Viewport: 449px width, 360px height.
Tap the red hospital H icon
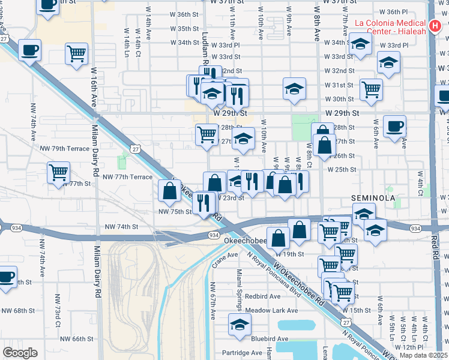[x=439, y=28]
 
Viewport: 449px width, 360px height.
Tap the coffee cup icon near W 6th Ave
[x=394, y=127]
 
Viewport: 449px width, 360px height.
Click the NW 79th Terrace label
[x=64, y=148]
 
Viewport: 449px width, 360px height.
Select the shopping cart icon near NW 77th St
[x=59, y=172]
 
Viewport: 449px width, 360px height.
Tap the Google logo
[x=20, y=353]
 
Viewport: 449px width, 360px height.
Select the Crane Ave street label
[x=217, y=259]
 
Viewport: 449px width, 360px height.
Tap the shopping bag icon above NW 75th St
[x=170, y=191]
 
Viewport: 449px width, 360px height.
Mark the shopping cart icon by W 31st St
[x=372, y=89]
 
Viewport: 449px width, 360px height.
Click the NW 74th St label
[x=122, y=227]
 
